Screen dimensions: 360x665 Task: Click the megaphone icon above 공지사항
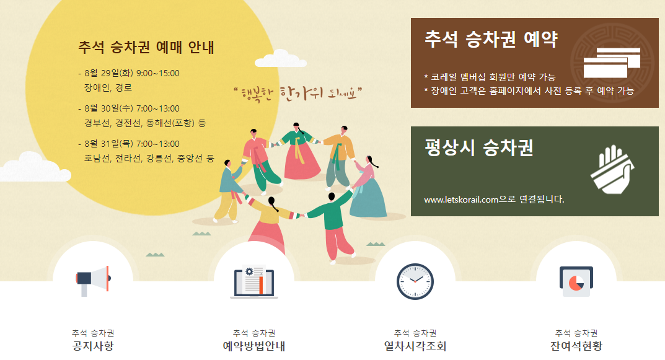point(92,281)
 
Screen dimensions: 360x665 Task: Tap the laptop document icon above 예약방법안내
point(254,282)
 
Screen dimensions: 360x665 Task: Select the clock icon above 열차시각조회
point(415,281)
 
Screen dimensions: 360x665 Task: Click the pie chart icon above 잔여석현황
point(576,281)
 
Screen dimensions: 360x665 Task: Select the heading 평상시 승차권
point(479,148)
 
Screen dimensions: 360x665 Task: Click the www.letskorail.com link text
point(462,200)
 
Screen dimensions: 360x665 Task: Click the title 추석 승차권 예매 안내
point(146,47)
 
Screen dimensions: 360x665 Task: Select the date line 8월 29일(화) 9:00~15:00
point(132,74)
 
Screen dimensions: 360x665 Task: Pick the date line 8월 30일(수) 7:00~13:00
point(132,109)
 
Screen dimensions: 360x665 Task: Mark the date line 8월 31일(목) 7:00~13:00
point(132,144)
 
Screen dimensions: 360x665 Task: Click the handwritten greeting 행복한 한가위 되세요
point(297,94)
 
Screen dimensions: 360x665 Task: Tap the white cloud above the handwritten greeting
point(281,60)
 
